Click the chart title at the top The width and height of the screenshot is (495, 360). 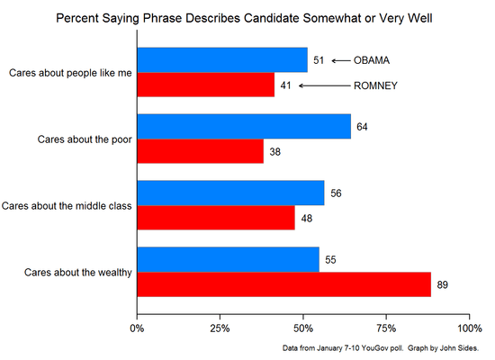pos(245,18)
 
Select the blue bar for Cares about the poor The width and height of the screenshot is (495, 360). pos(244,127)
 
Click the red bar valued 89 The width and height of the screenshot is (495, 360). pos(284,283)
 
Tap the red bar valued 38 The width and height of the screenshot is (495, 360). pos(201,151)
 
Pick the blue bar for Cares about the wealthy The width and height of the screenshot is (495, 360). pos(229,259)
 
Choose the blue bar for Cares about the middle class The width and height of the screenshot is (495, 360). pos(230,193)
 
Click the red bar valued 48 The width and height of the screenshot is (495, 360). pos(216,218)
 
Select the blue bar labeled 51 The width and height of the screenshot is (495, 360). pos(222,61)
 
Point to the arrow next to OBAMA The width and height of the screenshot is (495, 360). pos(340,61)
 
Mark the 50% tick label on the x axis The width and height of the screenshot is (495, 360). pos(303,328)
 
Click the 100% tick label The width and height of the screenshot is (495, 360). pos(468,328)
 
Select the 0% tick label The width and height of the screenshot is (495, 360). pos(138,328)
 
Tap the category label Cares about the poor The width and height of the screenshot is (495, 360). pos(85,139)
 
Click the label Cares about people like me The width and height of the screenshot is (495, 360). pos(69,74)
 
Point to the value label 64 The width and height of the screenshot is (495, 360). pos(363,127)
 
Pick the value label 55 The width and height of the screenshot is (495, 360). pos(331,259)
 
